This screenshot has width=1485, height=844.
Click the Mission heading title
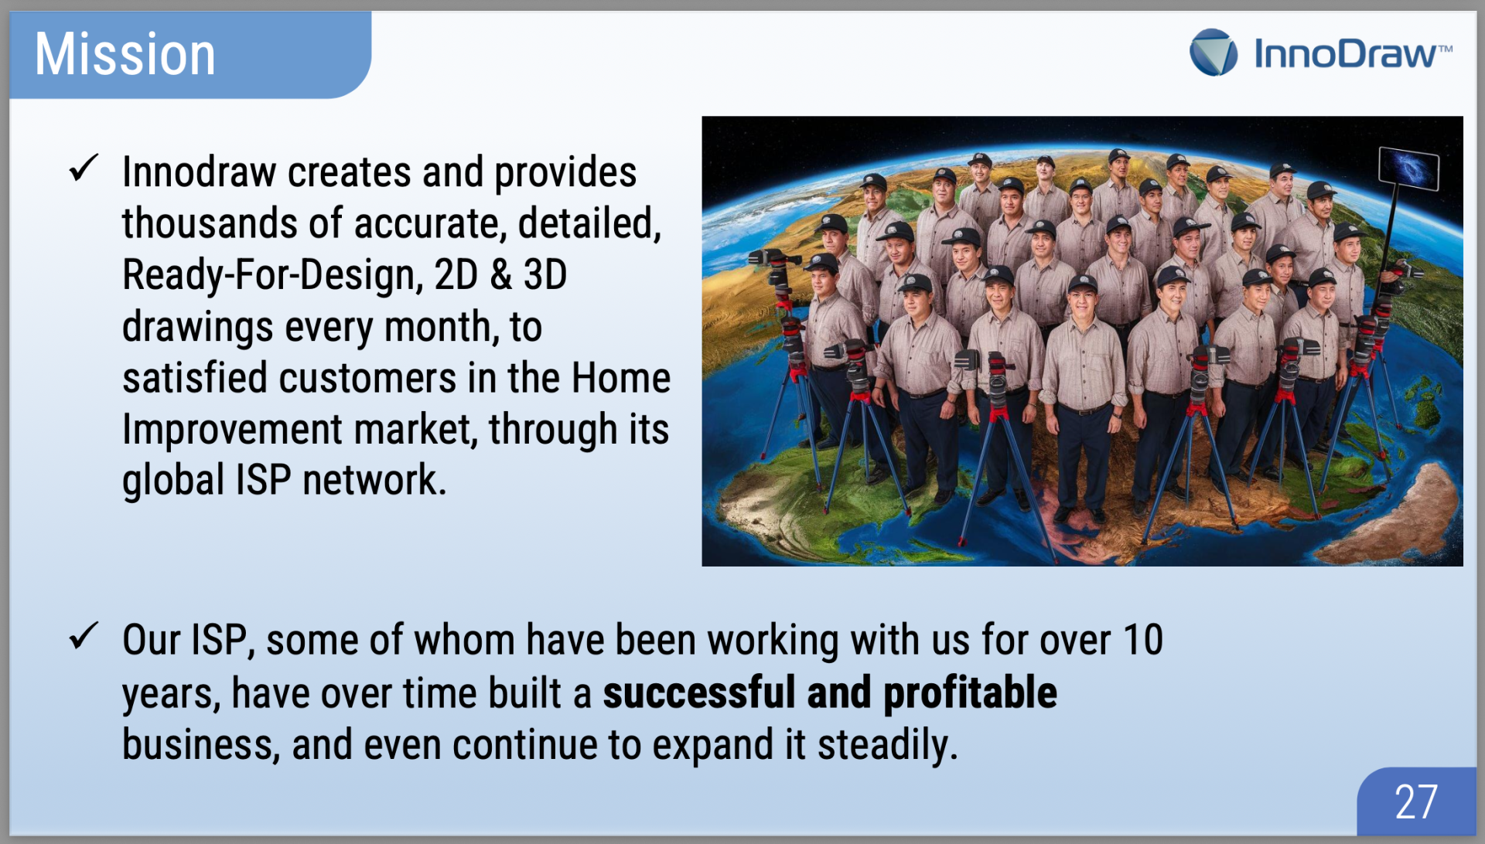[x=125, y=54]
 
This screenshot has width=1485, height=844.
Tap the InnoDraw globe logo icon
[x=1213, y=53]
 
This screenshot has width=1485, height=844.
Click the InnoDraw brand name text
[x=1352, y=53]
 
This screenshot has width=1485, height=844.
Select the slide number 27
[x=1415, y=802]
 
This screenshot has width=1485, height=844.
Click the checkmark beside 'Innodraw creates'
[x=84, y=167]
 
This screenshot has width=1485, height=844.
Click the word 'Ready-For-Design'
[x=272, y=275]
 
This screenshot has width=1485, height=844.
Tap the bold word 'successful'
[x=699, y=692]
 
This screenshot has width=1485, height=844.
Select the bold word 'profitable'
[x=970, y=693]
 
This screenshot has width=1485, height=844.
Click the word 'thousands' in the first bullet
[x=210, y=223]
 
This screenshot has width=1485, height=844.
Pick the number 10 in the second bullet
[x=1142, y=640]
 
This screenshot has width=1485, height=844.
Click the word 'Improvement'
[x=232, y=430]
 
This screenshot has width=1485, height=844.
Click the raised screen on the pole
[x=1408, y=168]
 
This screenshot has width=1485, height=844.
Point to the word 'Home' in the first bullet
[x=620, y=378]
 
